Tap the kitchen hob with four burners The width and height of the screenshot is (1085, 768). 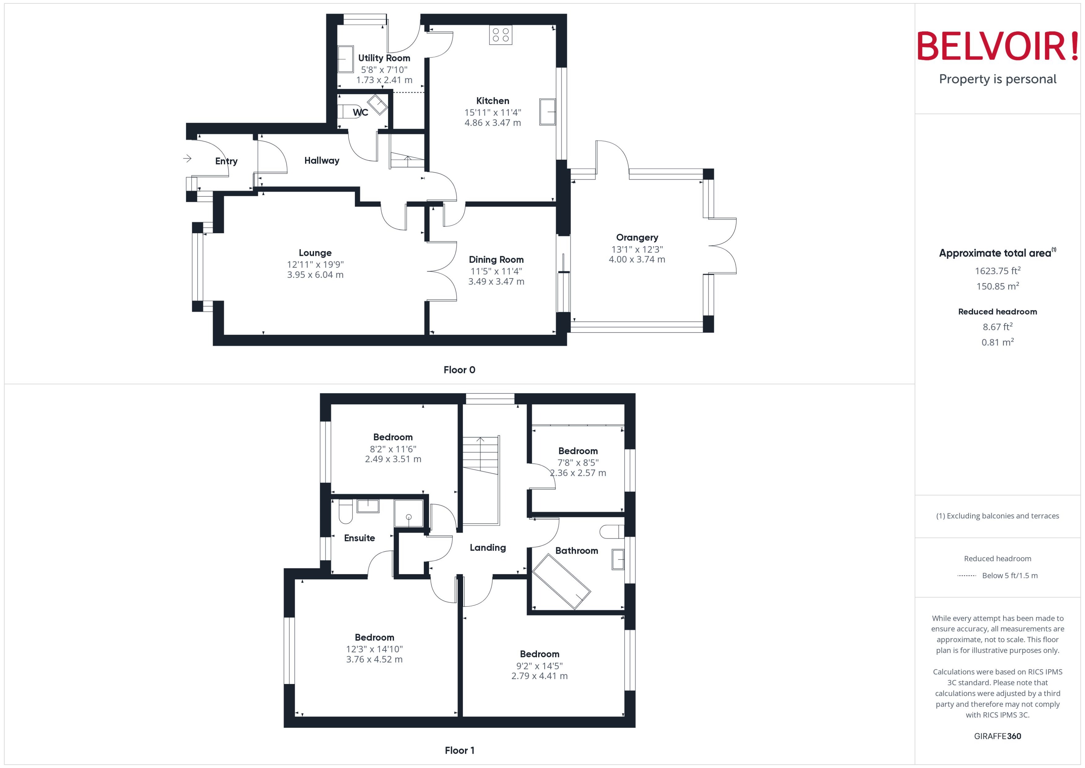[500, 34]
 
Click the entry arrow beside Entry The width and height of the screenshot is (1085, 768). [188, 158]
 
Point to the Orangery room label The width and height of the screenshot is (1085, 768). [636, 238]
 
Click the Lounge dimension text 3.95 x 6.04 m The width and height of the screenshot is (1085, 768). [315, 275]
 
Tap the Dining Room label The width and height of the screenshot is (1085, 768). [496, 260]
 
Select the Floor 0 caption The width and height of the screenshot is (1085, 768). [459, 370]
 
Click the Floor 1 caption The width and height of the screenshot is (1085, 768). [459, 750]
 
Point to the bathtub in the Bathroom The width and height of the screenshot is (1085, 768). [561, 582]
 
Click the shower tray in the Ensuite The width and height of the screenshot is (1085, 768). [409, 513]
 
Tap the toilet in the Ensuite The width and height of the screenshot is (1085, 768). [346, 512]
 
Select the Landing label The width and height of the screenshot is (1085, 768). [487, 548]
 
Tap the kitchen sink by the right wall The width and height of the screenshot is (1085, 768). [547, 112]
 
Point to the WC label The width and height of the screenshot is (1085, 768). [360, 113]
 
